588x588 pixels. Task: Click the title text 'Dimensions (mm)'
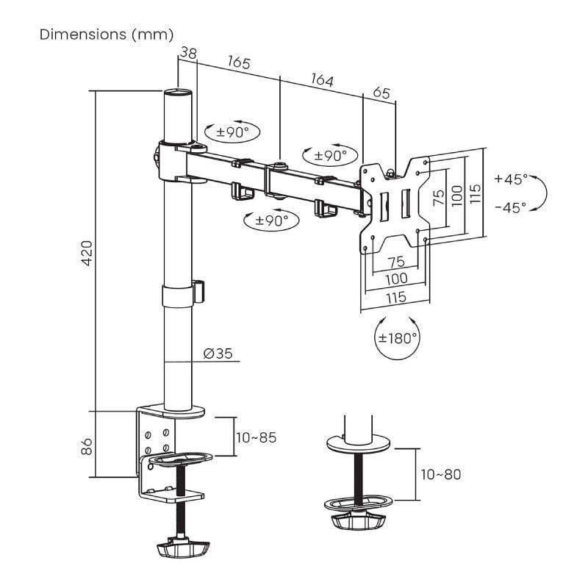107,35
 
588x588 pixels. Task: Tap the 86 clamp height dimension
87,445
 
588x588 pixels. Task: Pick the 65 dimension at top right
381,93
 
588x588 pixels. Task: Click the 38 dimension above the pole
188,53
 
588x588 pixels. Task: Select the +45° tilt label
511,179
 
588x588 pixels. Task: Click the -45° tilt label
511,207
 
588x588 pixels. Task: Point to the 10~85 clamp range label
257,437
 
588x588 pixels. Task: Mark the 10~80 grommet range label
441,474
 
